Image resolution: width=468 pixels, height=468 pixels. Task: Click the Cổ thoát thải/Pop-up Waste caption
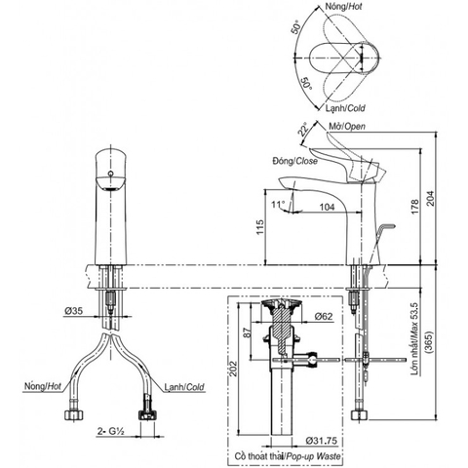point(292,456)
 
